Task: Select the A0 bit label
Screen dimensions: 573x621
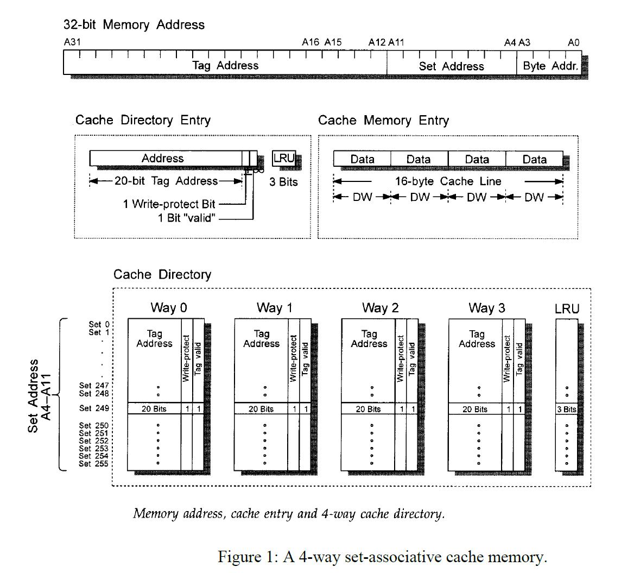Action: point(574,42)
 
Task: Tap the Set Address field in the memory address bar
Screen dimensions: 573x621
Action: point(451,66)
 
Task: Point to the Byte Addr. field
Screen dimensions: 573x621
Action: point(550,66)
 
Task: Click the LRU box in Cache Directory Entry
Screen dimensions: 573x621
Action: point(283,159)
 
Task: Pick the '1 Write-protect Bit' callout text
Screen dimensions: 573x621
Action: point(169,204)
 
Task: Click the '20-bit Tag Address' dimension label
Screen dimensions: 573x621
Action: point(166,181)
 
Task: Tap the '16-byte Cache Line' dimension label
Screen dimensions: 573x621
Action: point(448,181)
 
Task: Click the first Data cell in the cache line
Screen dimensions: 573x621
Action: point(362,159)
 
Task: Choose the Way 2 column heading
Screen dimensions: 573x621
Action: point(380,308)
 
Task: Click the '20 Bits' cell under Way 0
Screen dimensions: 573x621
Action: point(154,409)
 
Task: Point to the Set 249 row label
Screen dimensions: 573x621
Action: point(94,408)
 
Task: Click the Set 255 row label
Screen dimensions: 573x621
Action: point(94,464)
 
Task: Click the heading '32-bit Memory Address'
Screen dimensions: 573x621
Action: point(134,24)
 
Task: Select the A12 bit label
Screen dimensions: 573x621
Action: point(377,42)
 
